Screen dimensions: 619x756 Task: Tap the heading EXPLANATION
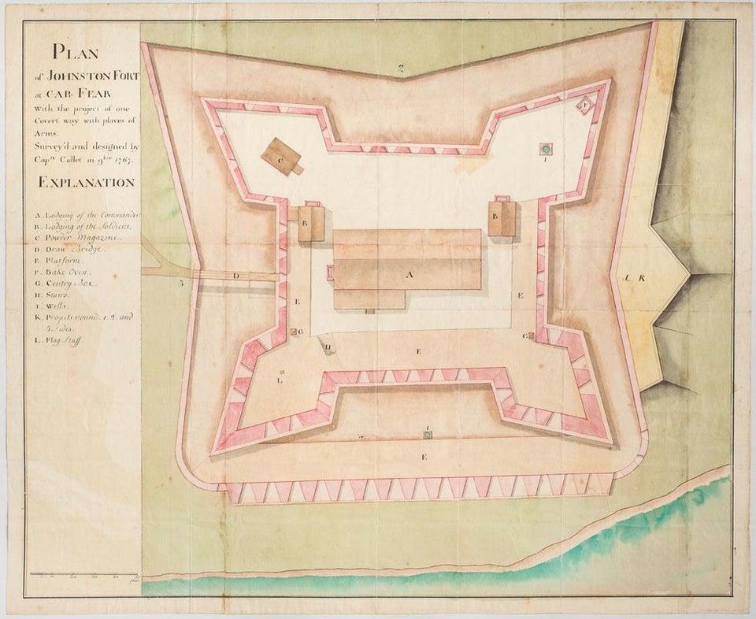(x=86, y=182)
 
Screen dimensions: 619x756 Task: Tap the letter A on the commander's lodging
(x=408, y=275)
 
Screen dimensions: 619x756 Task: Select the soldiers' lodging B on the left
(x=310, y=223)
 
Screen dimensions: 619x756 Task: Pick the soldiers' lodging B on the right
(x=501, y=217)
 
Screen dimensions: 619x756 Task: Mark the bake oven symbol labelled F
(x=586, y=105)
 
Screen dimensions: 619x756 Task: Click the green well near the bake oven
(x=545, y=148)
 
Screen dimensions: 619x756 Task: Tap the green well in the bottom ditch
(x=426, y=435)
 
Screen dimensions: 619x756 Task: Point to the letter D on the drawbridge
(x=236, y=276)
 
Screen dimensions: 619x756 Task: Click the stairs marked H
(x=328, y=344)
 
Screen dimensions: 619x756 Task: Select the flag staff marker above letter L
(x=281, y=370)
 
